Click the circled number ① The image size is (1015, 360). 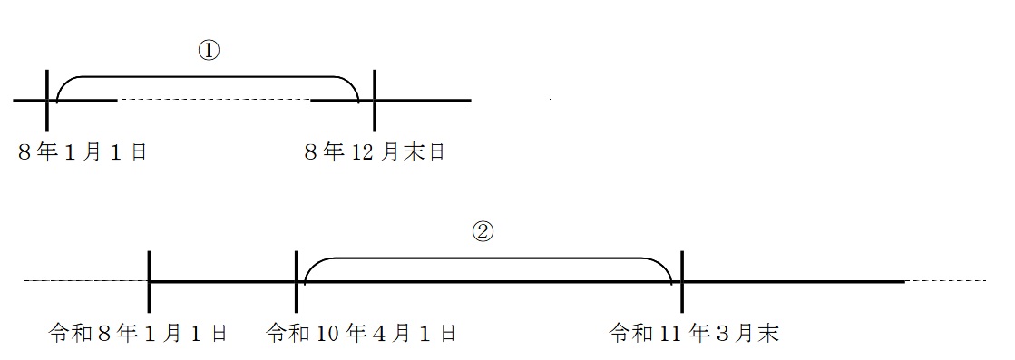(x=210, y=52)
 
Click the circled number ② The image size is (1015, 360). (x=483, y=233)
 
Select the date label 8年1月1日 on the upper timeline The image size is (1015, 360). (x=83, y=153)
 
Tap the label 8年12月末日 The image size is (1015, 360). (x=374, y=153)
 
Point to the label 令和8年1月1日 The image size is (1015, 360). (x=138, y=334)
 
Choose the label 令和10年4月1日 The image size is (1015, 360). (x=362, y=334)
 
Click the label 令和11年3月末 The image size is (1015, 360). (x=694, y=334)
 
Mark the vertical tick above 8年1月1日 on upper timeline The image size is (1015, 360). (x=47, y=100)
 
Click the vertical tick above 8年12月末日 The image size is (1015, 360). (x=375, y=100)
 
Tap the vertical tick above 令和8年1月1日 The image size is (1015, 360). (x=150, y=281)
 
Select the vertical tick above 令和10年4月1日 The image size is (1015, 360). (x=296, y=281)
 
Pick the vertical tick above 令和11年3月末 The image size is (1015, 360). (x=682, y=281)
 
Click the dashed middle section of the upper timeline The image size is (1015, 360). (x=214, y=100)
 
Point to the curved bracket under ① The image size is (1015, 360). (x=208, y=77)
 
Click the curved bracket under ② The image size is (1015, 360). (x=488, y=258)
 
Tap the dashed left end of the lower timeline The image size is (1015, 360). (x=86, y=281)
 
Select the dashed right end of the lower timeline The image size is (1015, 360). (x=945, y=281)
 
